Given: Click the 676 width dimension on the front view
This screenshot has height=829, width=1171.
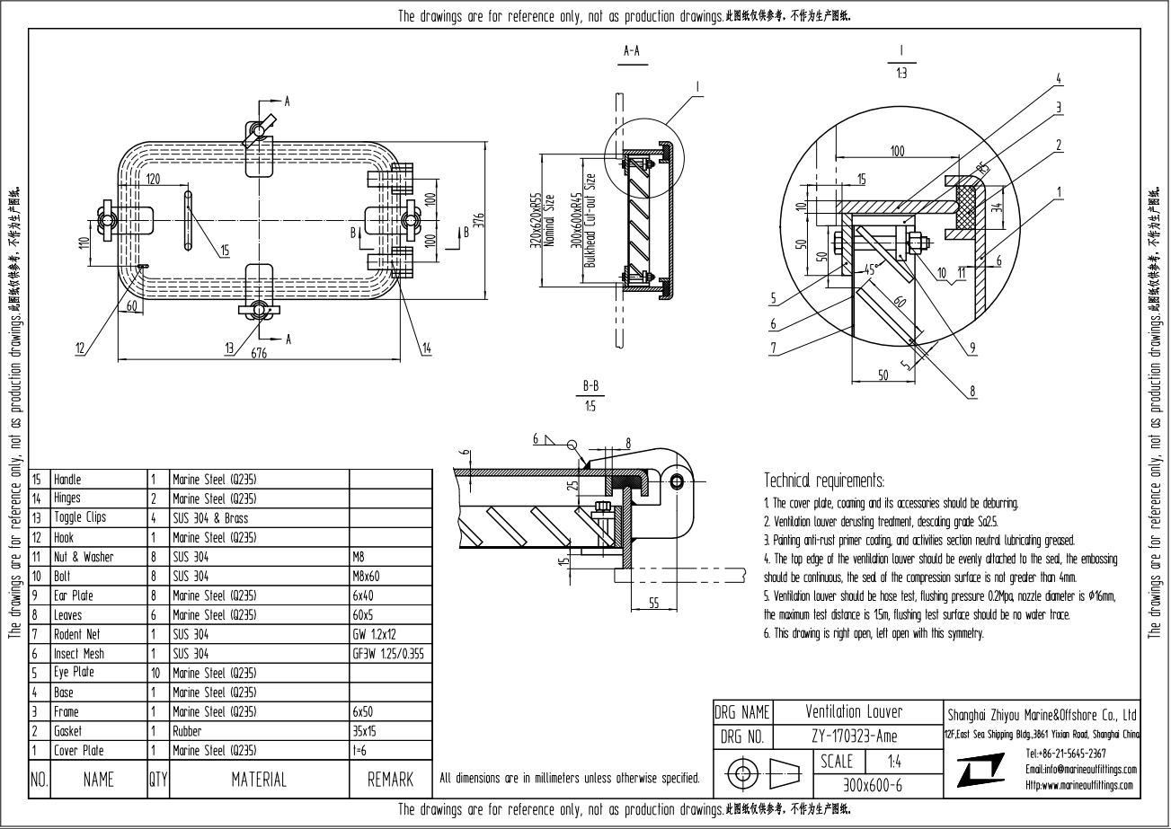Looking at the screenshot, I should (x=259, y=354).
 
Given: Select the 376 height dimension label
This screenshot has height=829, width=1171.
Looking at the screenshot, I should (x=479, y=220).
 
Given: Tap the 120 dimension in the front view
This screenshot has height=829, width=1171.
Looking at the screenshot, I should (x=154, y=180).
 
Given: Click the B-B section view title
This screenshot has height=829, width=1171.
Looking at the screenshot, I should (x=590, y=386).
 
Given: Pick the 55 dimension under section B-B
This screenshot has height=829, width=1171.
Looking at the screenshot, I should (x=653, y=604).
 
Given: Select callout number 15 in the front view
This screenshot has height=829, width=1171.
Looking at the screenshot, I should (x=224, y=251).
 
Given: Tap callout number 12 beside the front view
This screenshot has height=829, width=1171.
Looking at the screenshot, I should (x=81, y=348).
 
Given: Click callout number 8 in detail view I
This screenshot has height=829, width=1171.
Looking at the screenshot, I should (x=972, y=391).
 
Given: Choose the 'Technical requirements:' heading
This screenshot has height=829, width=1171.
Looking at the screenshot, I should (x=824, y=481).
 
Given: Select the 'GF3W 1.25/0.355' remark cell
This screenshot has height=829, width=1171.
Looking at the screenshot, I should (x=387, y=654).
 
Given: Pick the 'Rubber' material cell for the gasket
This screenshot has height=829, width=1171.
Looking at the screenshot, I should (x=187, y=731).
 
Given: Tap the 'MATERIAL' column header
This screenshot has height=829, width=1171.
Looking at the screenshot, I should (x=259, y=780).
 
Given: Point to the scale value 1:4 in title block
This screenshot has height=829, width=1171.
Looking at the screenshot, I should (x=894, y=761).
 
